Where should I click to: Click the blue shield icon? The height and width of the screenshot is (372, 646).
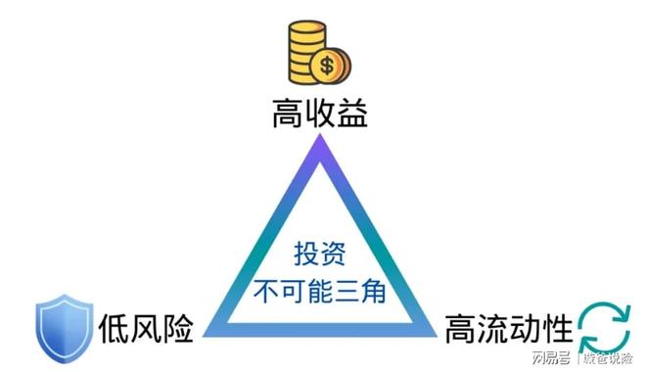coord(64,325)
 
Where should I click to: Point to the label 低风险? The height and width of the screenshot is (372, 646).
coord(147,325)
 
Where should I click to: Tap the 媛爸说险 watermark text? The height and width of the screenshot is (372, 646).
coord(609,355)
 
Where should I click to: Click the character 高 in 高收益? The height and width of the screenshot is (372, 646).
coord(287,116)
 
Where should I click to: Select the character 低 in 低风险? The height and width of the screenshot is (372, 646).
coord(112,325)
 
